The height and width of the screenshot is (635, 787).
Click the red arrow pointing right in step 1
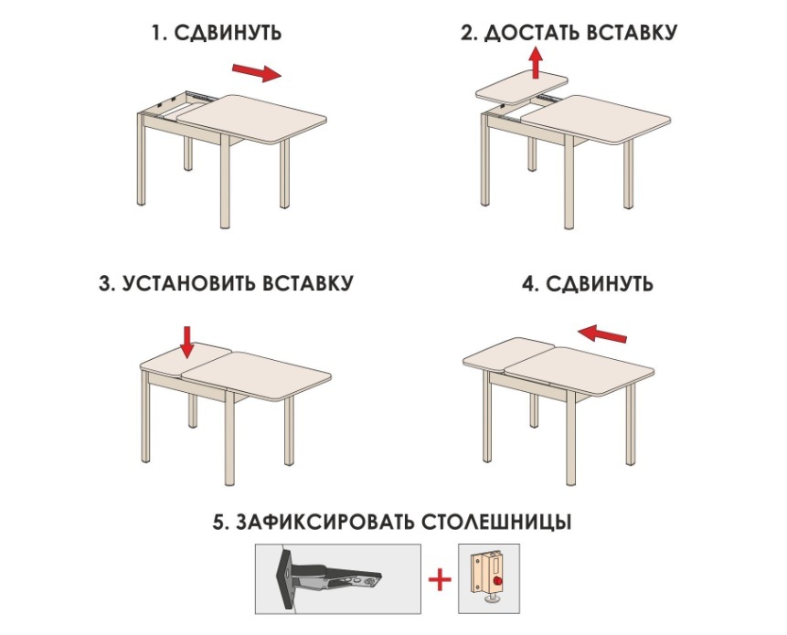[x=256, y=73]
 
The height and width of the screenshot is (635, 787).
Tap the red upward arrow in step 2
[x=536, y=63]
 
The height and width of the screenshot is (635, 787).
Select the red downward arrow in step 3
[x=187, y=342]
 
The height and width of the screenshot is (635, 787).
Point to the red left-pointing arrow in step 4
[x=602, y=333]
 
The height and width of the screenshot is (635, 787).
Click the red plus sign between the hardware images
[x=440, y=579]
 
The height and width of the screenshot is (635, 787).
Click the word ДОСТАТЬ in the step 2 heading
[x=533, y=33]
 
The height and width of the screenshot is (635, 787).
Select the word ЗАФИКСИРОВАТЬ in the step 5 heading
[x=324, y=522]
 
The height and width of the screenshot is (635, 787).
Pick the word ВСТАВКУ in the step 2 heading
[x=632, y=33]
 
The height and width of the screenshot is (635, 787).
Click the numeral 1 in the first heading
[x=157, y=33]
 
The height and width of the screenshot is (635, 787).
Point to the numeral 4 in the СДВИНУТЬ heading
[x=529, y=284]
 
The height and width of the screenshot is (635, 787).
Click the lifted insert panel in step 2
[x=522, y=88]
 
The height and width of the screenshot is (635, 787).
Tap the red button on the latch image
[x=498, y=580]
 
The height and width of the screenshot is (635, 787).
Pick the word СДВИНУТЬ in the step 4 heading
[x=600, y=284]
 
